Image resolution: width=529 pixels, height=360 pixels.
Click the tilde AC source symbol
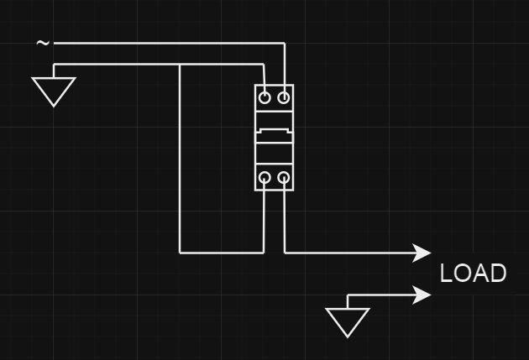(x=43, y=43)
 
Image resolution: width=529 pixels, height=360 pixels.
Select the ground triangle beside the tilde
(x=54, y=90)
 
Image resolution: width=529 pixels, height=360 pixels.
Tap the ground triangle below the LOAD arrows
(x=348, y=321)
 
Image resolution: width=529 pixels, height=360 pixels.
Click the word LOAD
(x=474, y=274)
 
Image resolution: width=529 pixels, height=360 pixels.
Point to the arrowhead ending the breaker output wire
(x=424, y=252)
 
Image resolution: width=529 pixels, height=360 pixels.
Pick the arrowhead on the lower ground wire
(x=424, y=295)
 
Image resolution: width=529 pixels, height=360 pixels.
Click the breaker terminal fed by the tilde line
(x=285, y=97)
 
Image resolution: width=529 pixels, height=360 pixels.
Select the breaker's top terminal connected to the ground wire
(x=265, y=97)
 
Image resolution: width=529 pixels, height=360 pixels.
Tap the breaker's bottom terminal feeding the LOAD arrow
(x=285, y=178)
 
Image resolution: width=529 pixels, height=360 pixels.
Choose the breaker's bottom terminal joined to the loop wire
(x=265, y=178)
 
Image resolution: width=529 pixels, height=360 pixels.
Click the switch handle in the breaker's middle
(x=275, y=133)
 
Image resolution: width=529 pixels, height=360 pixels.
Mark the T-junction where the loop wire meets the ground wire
(x=180, y=65)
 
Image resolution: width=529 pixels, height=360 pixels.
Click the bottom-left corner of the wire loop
(x=180, y=252)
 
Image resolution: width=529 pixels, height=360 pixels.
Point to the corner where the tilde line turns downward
(x=285, y=43)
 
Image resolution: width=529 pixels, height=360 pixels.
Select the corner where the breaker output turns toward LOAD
(x=285, y=252)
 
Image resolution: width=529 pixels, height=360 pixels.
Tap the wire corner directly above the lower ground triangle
(x=348, y=295)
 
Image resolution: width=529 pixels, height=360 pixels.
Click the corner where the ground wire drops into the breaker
(x=265, y=65)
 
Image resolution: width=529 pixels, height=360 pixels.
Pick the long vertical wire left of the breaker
(x=180, y=159)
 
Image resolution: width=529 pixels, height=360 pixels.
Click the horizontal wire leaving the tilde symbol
(x=168, y=43)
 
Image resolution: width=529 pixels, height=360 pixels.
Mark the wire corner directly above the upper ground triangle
(x=54, y=65)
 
